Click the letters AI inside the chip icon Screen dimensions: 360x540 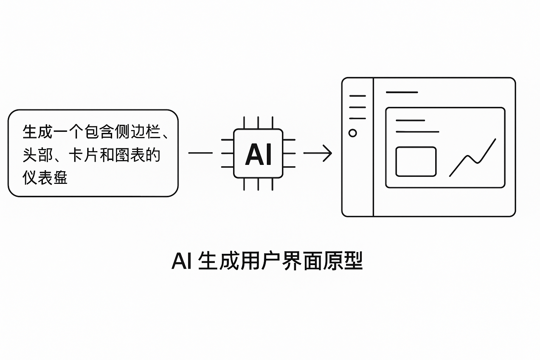point(258,154)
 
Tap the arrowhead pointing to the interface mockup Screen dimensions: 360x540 point(328,153)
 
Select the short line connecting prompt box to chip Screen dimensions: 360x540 point(200,153)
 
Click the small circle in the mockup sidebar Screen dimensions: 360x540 point(353,133)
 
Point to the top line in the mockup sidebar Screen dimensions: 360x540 point(357,96)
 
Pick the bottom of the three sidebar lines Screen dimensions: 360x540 point(357,118)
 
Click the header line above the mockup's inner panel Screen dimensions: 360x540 point(401,92)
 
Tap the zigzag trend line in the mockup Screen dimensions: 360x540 point(473,158)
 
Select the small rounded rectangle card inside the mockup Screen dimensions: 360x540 point(416,161)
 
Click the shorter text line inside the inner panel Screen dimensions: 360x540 point(410,120)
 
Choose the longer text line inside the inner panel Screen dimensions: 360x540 point(417,132)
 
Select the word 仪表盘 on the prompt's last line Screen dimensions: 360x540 point(45,178)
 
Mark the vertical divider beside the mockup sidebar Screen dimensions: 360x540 point(373,147)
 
